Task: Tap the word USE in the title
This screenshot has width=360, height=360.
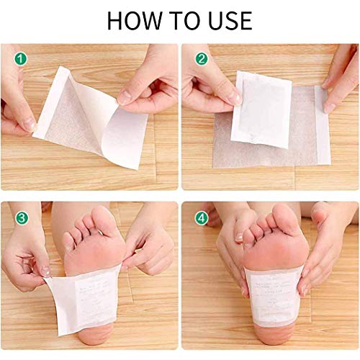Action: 227,19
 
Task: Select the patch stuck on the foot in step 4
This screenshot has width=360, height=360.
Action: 274,295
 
